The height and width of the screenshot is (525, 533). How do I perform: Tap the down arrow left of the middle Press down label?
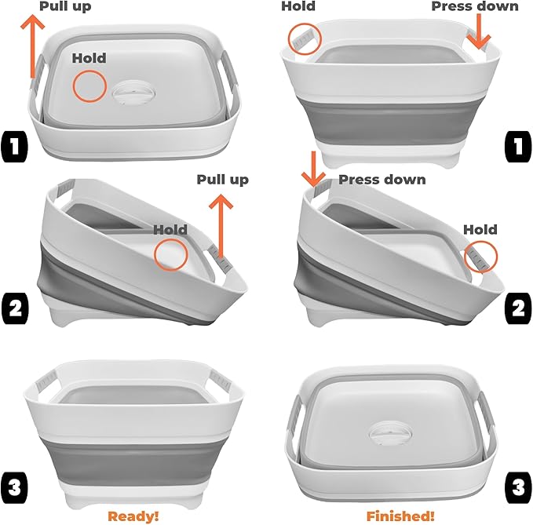312,170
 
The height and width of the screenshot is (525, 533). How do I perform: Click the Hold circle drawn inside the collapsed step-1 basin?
89,86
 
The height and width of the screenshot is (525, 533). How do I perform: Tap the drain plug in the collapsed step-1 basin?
134,91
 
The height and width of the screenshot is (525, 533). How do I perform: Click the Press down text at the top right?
475,6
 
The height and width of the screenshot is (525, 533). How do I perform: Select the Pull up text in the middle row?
222,180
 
